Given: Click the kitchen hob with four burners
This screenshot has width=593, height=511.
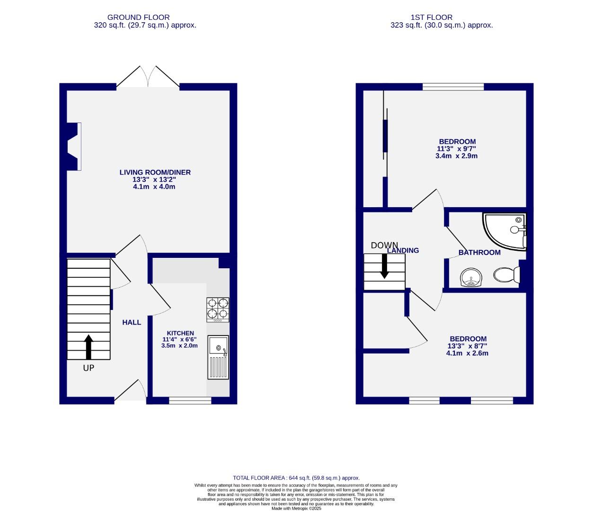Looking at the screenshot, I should [218, 309].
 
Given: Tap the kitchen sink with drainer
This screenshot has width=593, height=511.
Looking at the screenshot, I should [218, 357].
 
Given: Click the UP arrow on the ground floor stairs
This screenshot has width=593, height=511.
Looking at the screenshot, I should [89, 348].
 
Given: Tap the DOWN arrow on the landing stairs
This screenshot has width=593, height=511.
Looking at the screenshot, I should [384, 266].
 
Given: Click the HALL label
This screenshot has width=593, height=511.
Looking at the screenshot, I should [132, 322].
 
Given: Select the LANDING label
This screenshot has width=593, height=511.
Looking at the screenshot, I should [403, 250].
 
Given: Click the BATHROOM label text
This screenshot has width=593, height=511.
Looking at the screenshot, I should [479, 252].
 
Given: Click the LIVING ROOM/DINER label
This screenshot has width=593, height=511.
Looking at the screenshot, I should [155, 172].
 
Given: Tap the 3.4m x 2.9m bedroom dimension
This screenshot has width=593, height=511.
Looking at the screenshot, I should [456, 156].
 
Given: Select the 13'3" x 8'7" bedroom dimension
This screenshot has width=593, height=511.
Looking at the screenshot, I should [467, 346].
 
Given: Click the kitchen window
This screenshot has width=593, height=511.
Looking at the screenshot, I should [190, 401].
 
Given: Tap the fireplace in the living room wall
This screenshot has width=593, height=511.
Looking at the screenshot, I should [73, 146].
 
